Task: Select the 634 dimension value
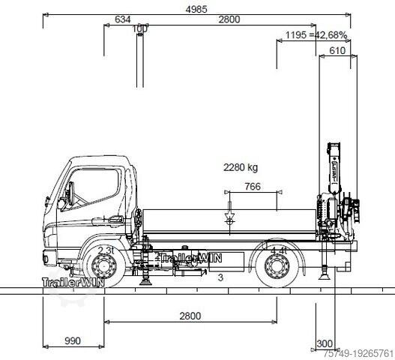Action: click(125, 20)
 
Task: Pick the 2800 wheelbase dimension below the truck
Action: click(190, 316)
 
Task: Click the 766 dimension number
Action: click(253, 187)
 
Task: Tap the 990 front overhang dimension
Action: click(72, 341)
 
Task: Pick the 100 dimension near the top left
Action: click(139, 29)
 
